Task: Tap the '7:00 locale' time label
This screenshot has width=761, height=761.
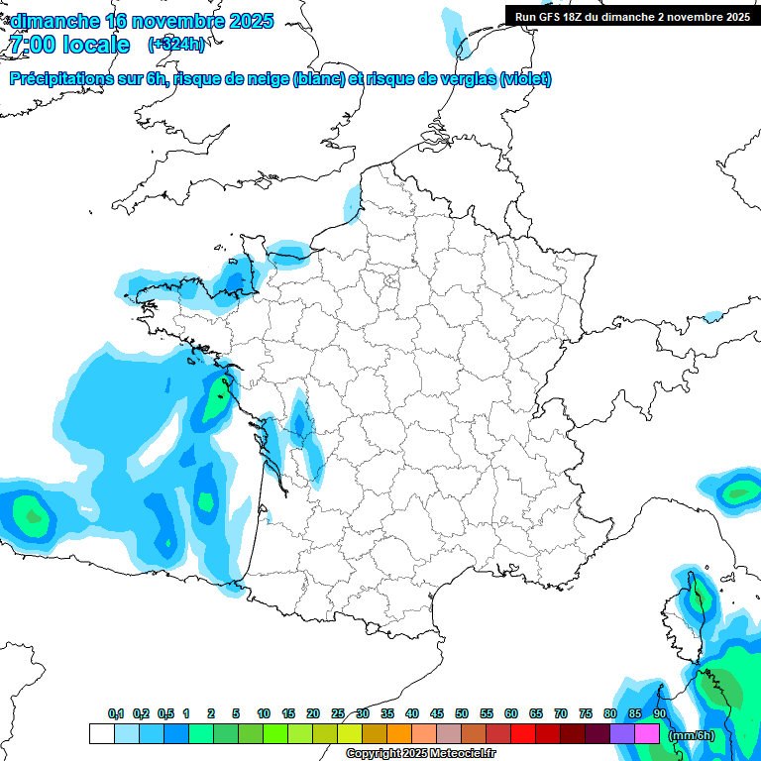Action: [69, 45]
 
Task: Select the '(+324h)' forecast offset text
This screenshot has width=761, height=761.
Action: [176, 45]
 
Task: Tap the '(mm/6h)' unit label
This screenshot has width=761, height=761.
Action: [691, 734]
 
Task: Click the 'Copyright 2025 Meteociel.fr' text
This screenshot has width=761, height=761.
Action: [420, 754]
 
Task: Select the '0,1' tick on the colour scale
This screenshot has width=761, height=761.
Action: [116, 714]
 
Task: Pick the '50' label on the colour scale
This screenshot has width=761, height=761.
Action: [462, 714]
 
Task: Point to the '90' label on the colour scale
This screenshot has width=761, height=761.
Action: [660, 714]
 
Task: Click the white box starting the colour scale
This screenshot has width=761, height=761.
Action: [101, 734]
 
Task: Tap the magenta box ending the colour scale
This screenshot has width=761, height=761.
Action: [647, 734]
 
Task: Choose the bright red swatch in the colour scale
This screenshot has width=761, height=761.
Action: [523, 734]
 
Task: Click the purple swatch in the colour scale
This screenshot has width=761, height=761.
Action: [622, 734]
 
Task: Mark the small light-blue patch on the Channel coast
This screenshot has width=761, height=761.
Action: [352, 203]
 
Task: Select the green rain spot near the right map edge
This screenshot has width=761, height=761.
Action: [737, 491]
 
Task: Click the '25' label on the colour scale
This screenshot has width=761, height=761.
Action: [338, 714]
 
